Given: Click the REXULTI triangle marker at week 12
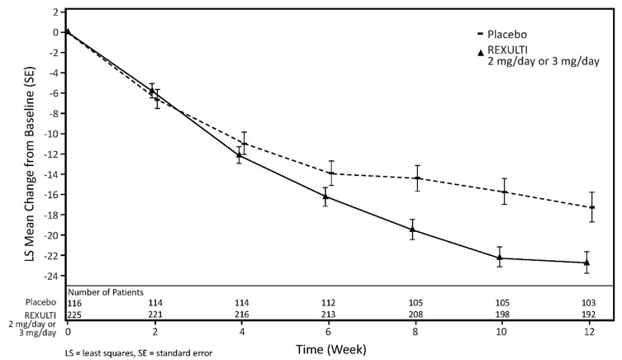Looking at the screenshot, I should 586,263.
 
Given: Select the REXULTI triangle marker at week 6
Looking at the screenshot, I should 325,196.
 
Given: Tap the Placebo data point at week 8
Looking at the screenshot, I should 417,178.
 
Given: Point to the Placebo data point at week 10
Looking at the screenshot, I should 504,192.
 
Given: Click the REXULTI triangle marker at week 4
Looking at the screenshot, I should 239,154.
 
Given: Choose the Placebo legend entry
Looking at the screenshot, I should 504,35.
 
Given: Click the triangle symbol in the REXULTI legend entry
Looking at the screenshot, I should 481,52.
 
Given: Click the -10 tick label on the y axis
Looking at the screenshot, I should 51,134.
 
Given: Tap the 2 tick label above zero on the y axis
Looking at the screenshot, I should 55,12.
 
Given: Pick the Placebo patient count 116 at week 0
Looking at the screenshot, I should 76,303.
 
